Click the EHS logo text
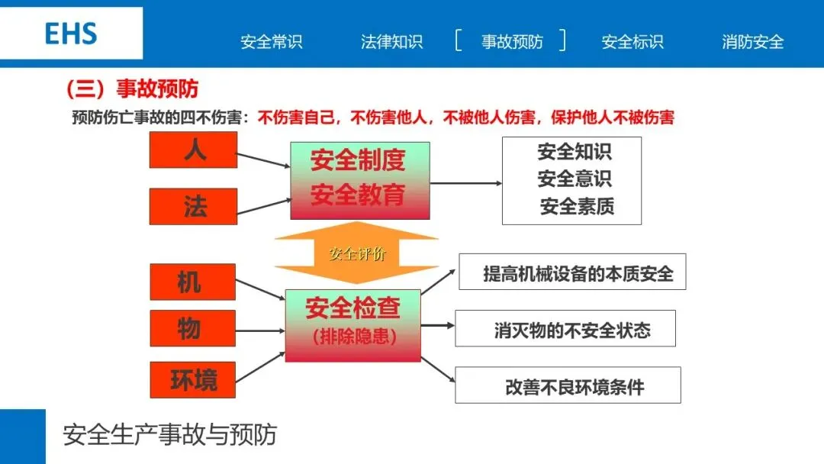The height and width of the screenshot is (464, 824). [x=71, y=34]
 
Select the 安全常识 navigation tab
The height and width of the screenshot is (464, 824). [x=272, y=42]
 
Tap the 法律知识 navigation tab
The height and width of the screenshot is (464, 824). [x=391, y=42]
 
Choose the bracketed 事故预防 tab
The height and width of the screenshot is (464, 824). [x=511, y=42]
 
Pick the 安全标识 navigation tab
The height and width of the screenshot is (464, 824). [x=632, y=42]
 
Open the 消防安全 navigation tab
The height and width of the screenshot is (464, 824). [x=752, y=42]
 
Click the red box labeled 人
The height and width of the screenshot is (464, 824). [x=193, y=150]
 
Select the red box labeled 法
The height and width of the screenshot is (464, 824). [x=193, y=206]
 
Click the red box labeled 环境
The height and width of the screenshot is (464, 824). [x=192, y=379]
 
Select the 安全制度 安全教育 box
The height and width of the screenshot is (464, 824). [x=359, y=180]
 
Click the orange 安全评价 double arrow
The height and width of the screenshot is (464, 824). [x=356, y=253]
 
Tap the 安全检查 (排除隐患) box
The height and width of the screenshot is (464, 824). [x=352, y=325]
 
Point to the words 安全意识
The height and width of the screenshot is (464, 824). [x=575, y=179]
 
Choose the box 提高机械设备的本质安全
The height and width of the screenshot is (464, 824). [x=572, y=272]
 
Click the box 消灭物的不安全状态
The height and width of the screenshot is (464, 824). [x=565, y=329]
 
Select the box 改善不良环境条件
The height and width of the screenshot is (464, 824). [x=568, y=385]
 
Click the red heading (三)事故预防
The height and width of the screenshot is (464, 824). [x=132, y=89]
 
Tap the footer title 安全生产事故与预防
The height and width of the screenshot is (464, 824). [x=169, y=435]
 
